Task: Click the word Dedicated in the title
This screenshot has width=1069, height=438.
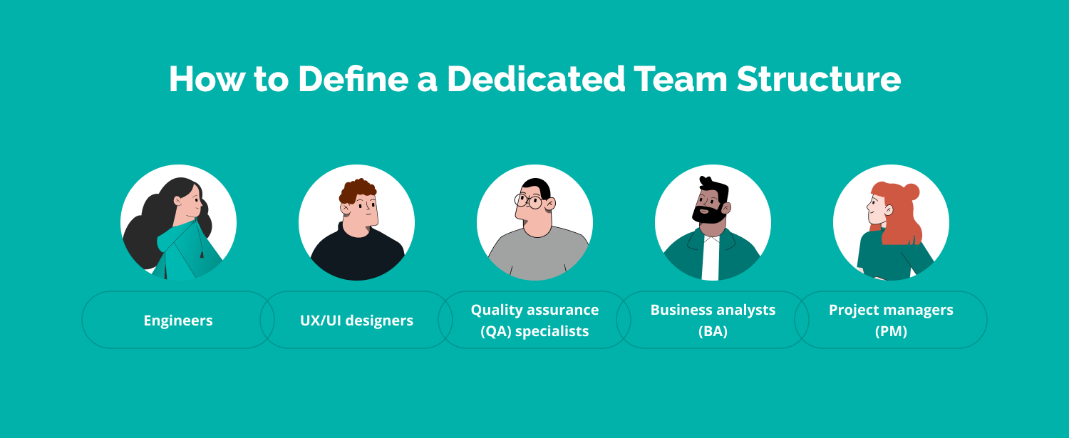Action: (x=535, y=79)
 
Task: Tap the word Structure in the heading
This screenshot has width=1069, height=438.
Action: (x=819, y=79)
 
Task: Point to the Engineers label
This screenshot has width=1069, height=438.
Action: (x=178, y=320)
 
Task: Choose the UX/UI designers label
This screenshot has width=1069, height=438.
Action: (x=356, y=320)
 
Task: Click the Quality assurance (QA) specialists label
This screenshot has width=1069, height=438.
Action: (x=534, y=320)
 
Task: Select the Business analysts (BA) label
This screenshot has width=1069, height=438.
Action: (x=713, y=320)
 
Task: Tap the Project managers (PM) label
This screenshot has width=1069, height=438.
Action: (x=891, y=320)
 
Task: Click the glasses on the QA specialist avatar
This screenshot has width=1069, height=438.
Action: (x=528, y=201)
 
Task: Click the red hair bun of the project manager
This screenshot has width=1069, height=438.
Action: (x=910, y=191)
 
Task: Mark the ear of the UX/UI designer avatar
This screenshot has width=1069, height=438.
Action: (x=346, y=208)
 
